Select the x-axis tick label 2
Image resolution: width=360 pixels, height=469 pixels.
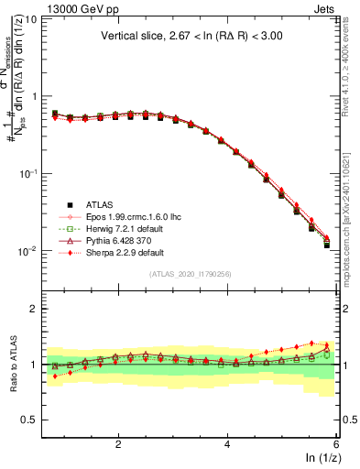[x=118, y=443]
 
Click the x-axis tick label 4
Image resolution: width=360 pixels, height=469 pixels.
[x=227, y=443]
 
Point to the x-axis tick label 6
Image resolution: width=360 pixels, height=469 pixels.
[x=336, y=443]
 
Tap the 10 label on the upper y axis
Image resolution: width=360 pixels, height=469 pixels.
[x=29, y=18]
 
